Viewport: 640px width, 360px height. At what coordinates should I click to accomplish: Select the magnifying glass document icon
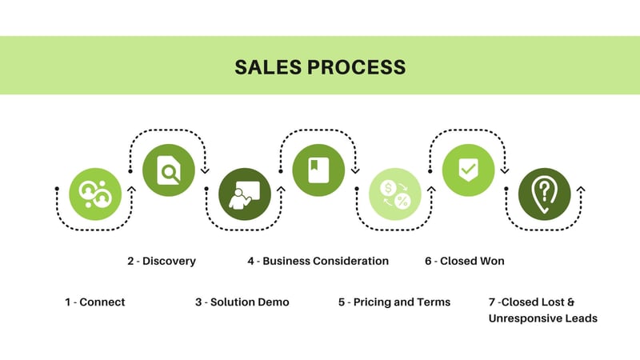(x=168, y=170)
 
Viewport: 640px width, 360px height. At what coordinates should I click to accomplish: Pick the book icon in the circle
(x=318, y=170)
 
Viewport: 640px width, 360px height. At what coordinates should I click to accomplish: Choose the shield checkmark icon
(x=469, y=170)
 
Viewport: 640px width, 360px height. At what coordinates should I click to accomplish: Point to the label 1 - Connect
(x=95, y=302)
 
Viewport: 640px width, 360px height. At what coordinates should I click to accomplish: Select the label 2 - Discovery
(x=161, y=261)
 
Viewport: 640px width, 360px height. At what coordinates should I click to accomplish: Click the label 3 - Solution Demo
(x=242, y=302)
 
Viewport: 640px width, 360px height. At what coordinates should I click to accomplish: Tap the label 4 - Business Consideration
(x=318, y=261)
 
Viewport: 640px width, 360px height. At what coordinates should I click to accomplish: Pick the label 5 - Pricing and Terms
(x=394, y=302)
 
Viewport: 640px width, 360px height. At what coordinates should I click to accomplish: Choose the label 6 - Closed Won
(x=464, y=261)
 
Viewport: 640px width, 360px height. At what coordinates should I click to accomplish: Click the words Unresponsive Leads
(x=542, y=318)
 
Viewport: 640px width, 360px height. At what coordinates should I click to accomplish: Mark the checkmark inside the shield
(x=469, y=170)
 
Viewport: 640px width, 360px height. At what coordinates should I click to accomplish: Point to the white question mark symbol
(x=545, y=190)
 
